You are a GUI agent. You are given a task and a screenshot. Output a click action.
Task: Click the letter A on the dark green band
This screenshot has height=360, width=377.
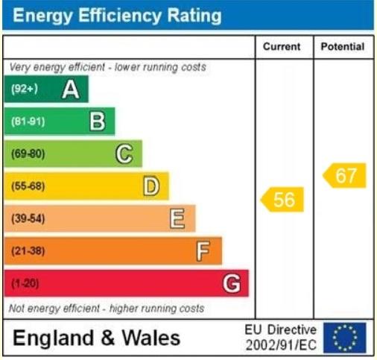(71, 90)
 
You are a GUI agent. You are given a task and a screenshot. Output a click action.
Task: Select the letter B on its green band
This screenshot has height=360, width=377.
(97, 121)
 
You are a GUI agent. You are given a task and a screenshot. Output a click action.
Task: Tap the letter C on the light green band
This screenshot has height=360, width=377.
(124, 154)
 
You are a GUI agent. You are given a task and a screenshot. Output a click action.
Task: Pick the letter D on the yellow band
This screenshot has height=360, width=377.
(151, 186)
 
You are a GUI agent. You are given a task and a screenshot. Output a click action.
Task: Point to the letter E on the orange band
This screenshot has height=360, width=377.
(177, 218)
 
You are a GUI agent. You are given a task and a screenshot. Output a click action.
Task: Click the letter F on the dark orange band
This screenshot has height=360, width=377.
(203, 251)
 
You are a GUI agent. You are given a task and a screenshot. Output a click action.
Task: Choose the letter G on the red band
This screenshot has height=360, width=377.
(232, 283)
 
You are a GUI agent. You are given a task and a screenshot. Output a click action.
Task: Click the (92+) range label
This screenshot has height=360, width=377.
(25, 90)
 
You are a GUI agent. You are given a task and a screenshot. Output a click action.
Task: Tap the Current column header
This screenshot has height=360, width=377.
(282, 47)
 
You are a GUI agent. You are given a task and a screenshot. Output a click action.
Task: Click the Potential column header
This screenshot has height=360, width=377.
(343, 47)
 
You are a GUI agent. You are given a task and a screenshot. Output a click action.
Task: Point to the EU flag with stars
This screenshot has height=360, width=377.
(344, 338)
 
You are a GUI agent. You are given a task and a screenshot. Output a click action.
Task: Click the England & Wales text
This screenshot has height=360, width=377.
(97, 338)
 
